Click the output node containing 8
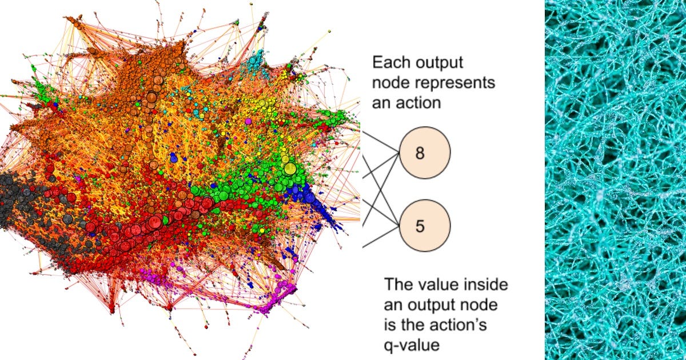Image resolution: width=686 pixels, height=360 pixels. (425, 153)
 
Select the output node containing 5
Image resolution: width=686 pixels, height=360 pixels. (425, 226)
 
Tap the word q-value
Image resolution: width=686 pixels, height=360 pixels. (412, 345)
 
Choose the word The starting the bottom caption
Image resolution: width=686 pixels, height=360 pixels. (397, 285)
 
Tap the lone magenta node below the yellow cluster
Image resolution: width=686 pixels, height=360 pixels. (248, 121)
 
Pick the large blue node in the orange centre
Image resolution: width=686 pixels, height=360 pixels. (174, 159)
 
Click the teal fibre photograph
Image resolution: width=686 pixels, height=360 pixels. (615, 180)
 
